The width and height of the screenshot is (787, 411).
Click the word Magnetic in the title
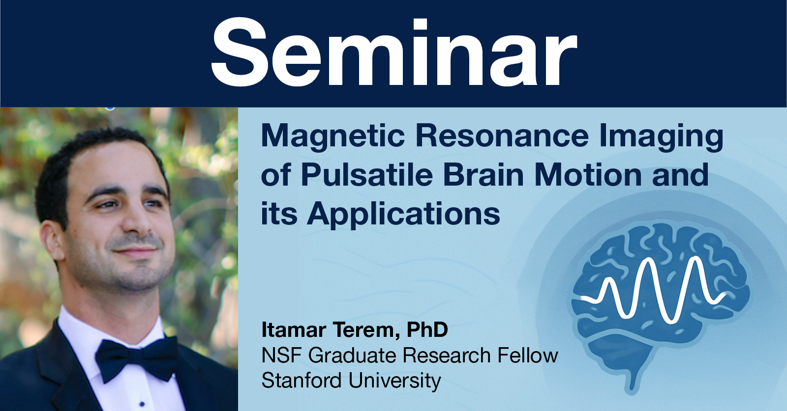click(x=333, y=136)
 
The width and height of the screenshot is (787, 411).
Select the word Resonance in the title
click(x=502, y=136)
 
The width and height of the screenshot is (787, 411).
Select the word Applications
click(x=403, y=215)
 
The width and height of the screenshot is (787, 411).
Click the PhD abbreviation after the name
click(x=427, y=329)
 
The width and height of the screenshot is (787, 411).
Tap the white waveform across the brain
click(x=654, y=290)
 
